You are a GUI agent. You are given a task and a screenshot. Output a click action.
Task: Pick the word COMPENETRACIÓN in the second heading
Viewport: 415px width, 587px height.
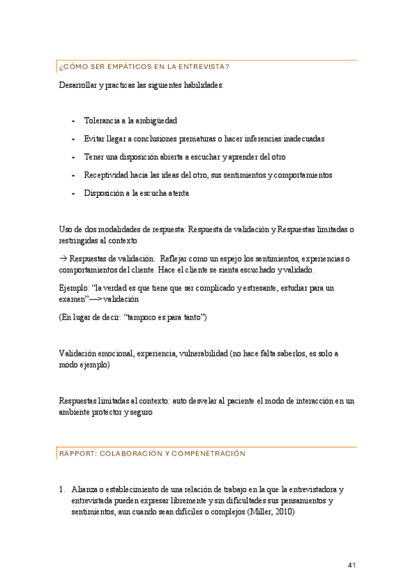coord(208,453)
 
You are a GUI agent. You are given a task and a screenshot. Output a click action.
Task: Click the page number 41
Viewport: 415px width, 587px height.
coord(351,566)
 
